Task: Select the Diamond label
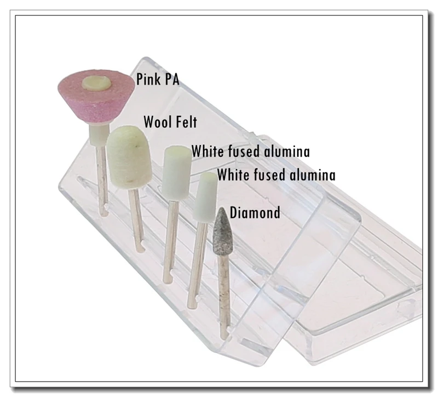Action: [255, 212]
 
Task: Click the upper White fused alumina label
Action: [250, 151]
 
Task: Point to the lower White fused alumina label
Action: [276, 175]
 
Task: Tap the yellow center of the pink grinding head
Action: [97, 83]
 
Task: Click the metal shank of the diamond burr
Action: [223, 296]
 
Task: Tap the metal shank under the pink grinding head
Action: [101, 175]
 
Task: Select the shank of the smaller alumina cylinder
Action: [195, 263]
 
